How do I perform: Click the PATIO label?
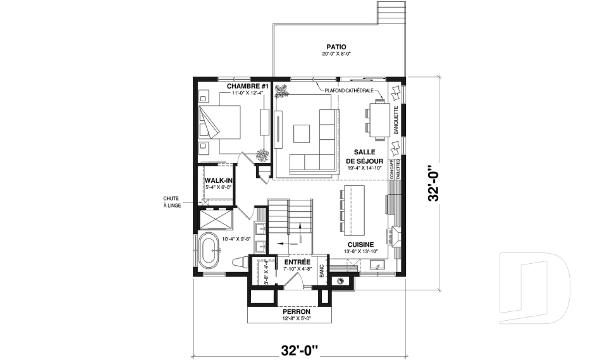click(x=336, y=47)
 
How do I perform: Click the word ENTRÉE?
click(x=297, y=262)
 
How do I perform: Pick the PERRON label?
click(x=297, y=312)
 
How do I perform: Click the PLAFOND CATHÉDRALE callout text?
click(x=349, y=90)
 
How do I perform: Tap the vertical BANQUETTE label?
click(x=396, y=120)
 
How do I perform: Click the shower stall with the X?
click(x=215, y=220)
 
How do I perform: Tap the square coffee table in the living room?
click(x=302, y=133)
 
